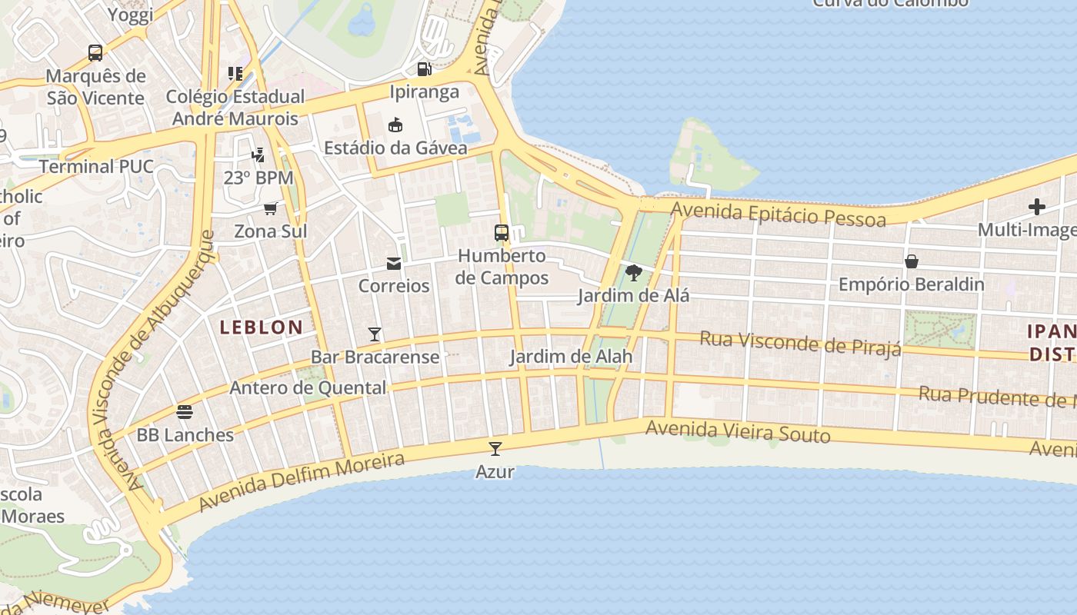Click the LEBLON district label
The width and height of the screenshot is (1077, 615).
262,327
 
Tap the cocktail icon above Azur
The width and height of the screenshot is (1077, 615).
495,448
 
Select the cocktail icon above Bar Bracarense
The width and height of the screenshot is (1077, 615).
375,334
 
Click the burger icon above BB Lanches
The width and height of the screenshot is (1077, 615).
185,411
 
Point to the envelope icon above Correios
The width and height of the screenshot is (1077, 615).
394,264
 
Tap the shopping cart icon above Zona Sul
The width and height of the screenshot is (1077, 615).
271,208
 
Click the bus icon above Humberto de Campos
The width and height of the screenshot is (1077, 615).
502,232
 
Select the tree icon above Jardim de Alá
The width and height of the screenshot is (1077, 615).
634,272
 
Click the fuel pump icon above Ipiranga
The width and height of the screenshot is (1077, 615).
424,69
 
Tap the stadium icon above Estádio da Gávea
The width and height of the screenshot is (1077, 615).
395,125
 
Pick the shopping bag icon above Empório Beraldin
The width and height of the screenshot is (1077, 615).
912,261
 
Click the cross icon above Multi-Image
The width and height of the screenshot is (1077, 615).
1037,207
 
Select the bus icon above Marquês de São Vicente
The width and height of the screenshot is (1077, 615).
95,53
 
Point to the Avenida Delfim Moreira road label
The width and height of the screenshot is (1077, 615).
302,483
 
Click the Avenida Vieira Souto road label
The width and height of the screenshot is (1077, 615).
738,431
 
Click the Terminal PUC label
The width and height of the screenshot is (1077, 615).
96,167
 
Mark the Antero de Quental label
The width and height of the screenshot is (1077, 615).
308,388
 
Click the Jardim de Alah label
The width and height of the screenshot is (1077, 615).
571,357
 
